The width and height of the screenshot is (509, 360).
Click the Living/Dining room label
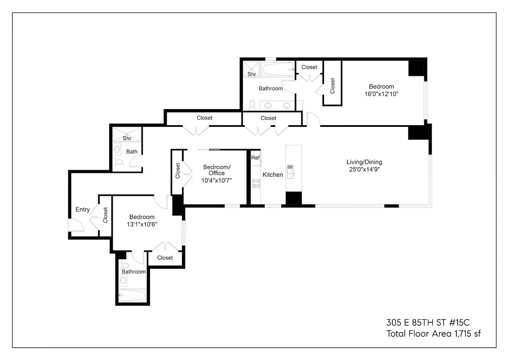pyautogui.click(x=364, y=162)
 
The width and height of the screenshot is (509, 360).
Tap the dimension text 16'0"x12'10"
pyautogui.click(x=381, y=94)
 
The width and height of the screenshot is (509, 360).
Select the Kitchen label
pyautogui.click(x=273, y=175)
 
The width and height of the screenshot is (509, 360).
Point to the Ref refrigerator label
pyautogui.click(x=255, y=158)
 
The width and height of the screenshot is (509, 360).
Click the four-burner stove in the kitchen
pyautogui.click(x=256, y=184)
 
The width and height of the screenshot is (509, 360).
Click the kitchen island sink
pyautogui.click(x=291, y=172)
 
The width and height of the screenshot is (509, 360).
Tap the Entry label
pyautogui.click(x=82, y=209)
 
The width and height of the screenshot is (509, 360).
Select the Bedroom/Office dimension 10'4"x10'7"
pyautogui.click(x=217, y=181)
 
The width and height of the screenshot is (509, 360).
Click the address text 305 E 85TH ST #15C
pyautogui.click(x=428, y=323)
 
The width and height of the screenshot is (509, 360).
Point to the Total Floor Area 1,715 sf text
pyautogui.click(x=433, y=334)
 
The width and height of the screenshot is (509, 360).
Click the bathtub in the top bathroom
pyautogui.click(x=278, y=69)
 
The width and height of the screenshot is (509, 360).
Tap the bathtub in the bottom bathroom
pyautogui.click(x=132, y=295)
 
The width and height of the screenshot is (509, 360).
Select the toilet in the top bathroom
pyautogui.click(x=252, y=105)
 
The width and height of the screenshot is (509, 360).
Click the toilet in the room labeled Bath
pyautogui.click(x=118, y=162)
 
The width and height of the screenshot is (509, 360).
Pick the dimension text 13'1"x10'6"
pyautogui.click(x=142, y=224)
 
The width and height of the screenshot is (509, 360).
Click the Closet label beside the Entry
pyautogui.click(x=105, y=215)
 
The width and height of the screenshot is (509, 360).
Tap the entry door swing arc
pyautogui.click(x=81, y=224)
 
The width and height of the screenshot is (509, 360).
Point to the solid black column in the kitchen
pyautogui.click(x=294, y=198)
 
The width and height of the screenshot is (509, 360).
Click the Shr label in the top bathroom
pyautogui.click(x=252, y=74)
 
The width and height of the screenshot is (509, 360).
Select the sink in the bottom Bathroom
pyautogui.click(x=123, y=280)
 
